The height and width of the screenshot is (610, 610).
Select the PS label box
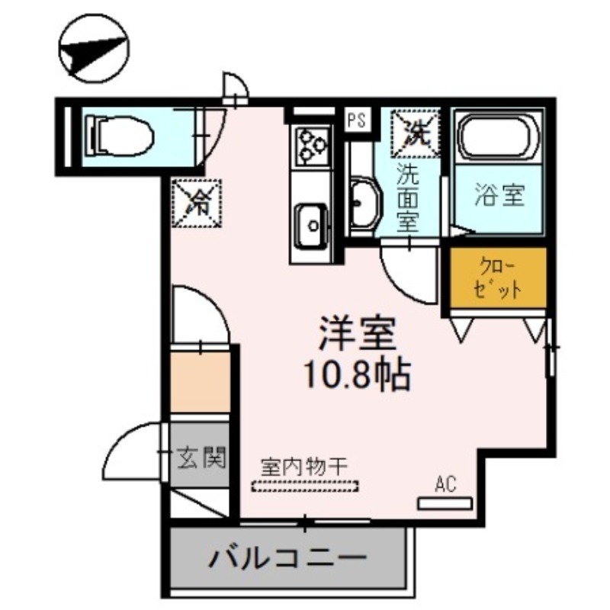coord(356,120)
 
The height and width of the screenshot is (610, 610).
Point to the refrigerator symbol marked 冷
coord(197,202)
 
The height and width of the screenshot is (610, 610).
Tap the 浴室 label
coord(499,196)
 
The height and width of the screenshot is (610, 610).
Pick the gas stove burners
coord(310,144)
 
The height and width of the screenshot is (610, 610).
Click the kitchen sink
coord(310,223)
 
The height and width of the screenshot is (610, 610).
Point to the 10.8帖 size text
coord(357,374)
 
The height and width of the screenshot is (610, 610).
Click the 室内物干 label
coord(304,465)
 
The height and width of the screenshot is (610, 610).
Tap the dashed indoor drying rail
coord(306,486)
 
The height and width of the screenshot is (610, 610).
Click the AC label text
coord(445,482)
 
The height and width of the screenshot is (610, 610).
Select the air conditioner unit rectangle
coord(445,502)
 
